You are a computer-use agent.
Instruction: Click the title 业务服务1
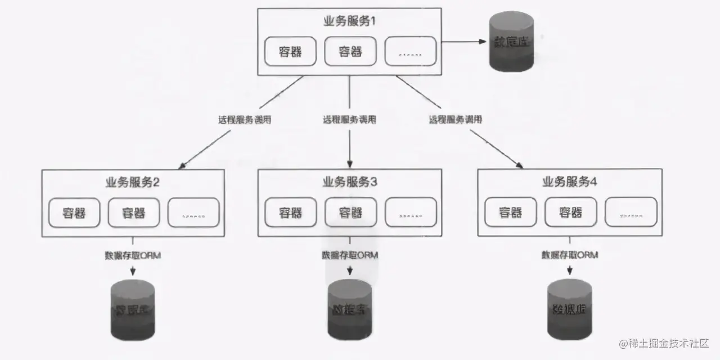click(349, 21)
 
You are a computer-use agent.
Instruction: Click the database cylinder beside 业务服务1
click(511, 43)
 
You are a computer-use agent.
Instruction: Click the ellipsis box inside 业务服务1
click(411, 51)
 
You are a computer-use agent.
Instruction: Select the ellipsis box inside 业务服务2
click(193, 213)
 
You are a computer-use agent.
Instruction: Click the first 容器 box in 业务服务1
click(290, 51)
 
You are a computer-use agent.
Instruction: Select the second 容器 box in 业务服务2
click(134, 213)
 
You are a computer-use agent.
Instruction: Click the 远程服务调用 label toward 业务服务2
click(244, 119)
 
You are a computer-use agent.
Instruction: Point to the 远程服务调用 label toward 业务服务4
click(455, 119)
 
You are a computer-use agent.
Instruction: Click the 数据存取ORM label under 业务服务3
click(350, 255)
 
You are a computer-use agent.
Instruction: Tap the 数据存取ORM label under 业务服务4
click(569, 255)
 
